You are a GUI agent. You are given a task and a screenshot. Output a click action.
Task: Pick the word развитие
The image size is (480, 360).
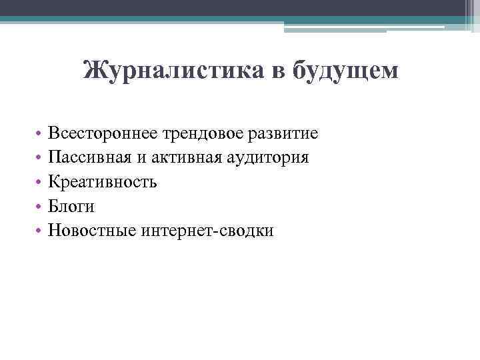pyautogui.click(x=285, y=134)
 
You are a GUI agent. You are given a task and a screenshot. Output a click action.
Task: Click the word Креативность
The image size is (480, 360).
pyautogui.click(x=103, y=182)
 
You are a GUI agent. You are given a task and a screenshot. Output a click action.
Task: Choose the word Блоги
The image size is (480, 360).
pyautogui.click(x=72, y=206)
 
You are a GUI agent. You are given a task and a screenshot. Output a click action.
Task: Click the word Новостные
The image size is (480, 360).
pyautogui.click(x=93, y=230)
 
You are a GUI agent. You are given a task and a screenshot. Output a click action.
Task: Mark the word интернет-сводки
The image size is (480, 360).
pyautogui.click(x=207, y=230)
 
